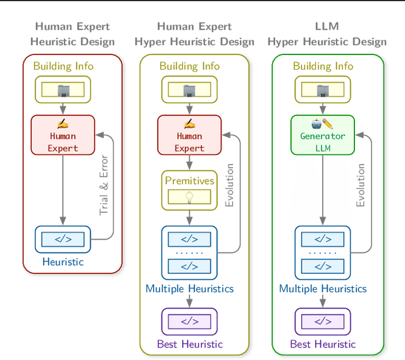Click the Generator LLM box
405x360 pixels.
[322, 135]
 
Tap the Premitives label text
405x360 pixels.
[189, 181]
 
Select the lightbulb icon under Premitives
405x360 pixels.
[189, 197]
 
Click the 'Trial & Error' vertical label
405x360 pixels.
[104, 185]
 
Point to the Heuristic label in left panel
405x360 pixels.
[63, 261]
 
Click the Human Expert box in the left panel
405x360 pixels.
[63, 135]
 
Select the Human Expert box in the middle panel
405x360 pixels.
[189, 135]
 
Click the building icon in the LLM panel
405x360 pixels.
[323, 90]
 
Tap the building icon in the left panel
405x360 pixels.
[63, 90]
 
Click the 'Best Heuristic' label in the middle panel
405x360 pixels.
[189, 344]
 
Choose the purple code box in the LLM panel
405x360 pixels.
[323, 321]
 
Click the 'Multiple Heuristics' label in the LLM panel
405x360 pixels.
[323, 289]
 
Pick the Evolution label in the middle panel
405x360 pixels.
[230, 185]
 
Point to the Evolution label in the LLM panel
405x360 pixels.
[361, 185]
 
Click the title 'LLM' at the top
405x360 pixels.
[327, 27]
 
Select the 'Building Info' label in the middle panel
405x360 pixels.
[189, 66]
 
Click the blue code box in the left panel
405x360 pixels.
[63, 239]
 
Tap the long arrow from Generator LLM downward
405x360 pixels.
[323, 190]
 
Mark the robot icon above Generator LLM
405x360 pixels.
[317, 123]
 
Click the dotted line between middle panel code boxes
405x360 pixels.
[189, 252]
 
